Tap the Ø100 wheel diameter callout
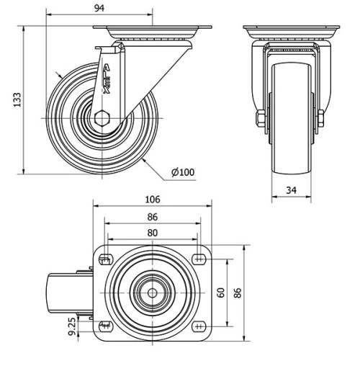[183, 171]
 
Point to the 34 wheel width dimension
[292, 191]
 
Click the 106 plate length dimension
[152, 200]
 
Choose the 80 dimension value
[152, 232]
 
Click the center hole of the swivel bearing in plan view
[152, 293]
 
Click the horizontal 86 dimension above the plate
[152, 216]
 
